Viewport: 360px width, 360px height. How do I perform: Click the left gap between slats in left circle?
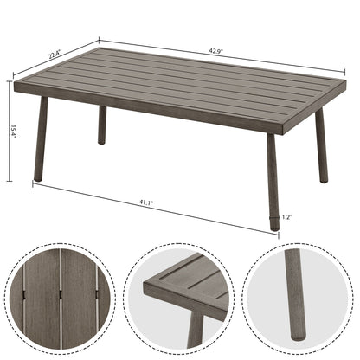point(42,299)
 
